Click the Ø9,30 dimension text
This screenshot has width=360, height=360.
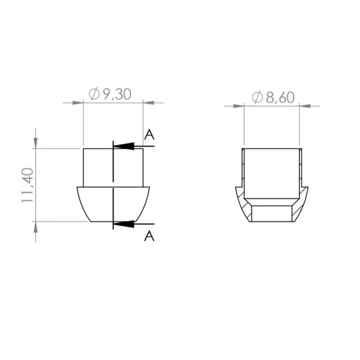pos(110,94)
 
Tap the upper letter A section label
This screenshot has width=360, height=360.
pos(149,134)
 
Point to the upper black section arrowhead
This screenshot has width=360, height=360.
pos(124,146)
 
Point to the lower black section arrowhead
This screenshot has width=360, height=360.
pos(124,224)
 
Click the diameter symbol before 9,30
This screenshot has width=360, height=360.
pos(94,94)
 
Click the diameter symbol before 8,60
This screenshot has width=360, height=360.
pos(257,98)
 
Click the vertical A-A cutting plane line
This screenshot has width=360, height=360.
pos(113,184)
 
